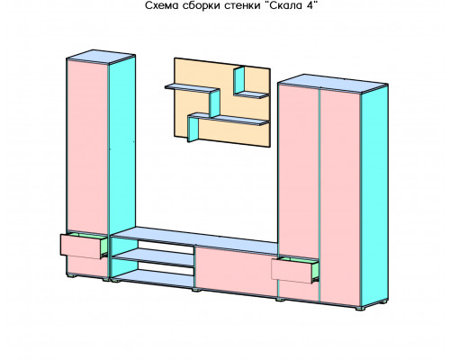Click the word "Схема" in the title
point(162,5)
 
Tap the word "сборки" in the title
point(202,5)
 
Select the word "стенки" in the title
point(243,5)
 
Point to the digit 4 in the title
point(310,5)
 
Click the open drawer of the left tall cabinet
point(84,246)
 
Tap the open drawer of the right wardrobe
point(294,270)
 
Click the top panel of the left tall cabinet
point(101,57)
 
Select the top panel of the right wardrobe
point(333,84)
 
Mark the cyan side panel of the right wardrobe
point(374,198)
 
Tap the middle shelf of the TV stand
point(154,256)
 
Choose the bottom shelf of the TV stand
point(154,278)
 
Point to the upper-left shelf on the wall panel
point(192,88)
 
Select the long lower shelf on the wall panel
point(229,119)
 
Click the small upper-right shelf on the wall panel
point(251,94)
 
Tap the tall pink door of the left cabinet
point(87,147)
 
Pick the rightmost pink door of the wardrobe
point(340,198)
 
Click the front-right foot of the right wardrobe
point(360,308)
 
